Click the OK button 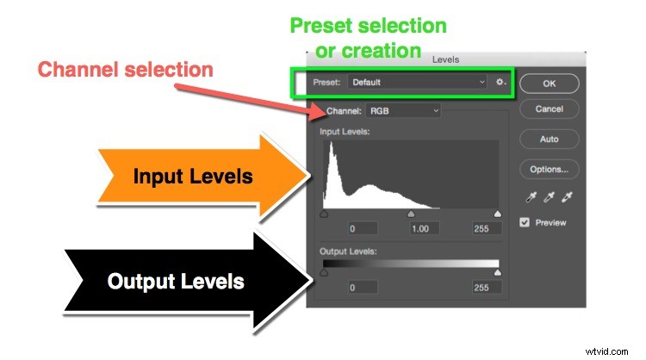tap(549, 83)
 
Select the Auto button tap(549, 139)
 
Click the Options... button tap(549, 169)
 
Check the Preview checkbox tap(525, 222)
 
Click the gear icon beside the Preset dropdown tap(500, 83)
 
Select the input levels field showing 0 tap(352, 229)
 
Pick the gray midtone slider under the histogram tap(411, 214)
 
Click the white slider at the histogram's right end tap(498, 214)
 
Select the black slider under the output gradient tap(324, 272)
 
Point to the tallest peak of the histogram tap(329, 146)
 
